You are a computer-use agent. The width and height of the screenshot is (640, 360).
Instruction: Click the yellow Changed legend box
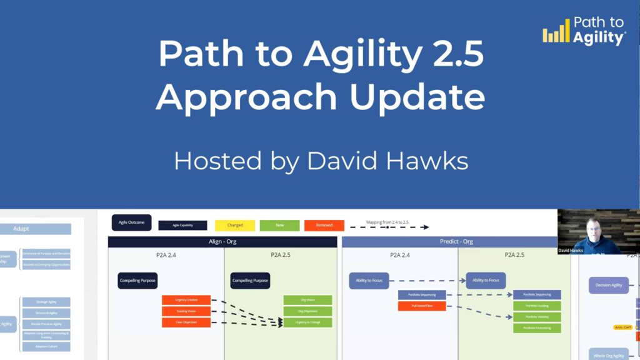234,225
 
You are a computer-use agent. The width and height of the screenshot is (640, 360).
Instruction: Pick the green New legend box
279,225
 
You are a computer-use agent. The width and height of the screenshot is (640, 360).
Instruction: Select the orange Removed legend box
324,225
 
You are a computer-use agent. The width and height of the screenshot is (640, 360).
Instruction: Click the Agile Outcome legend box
131,222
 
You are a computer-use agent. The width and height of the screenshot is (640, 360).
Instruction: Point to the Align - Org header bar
222,242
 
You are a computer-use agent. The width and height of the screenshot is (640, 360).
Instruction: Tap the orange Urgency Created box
186,300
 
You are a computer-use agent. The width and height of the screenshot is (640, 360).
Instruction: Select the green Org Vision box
307,300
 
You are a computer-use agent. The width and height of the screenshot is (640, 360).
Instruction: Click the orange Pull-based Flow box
422,306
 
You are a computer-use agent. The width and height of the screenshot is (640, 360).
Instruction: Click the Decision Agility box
608,286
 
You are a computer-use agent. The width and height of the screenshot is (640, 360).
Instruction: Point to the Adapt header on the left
22,229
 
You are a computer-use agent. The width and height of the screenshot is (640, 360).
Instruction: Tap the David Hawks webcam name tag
571,251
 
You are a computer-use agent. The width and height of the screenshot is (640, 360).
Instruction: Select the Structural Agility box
46,313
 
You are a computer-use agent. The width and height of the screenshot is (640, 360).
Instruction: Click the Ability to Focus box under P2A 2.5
486,281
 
